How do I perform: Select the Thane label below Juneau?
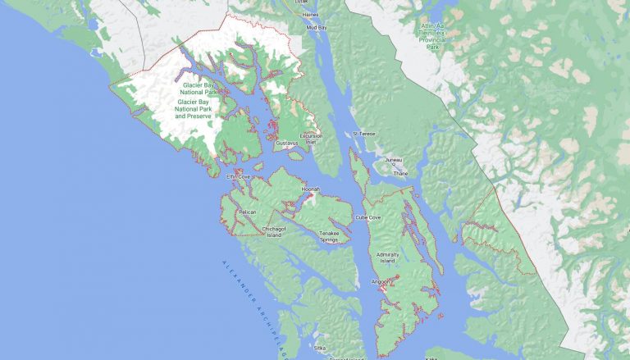tap(399, 173)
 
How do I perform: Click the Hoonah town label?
tap(309, 189)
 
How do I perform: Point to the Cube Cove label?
tap(367, 217)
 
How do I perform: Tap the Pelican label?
tap(247, 212)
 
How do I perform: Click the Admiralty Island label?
tap(387, 257)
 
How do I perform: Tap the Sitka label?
tap(320, 348)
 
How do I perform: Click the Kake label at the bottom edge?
tap(431, 358)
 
